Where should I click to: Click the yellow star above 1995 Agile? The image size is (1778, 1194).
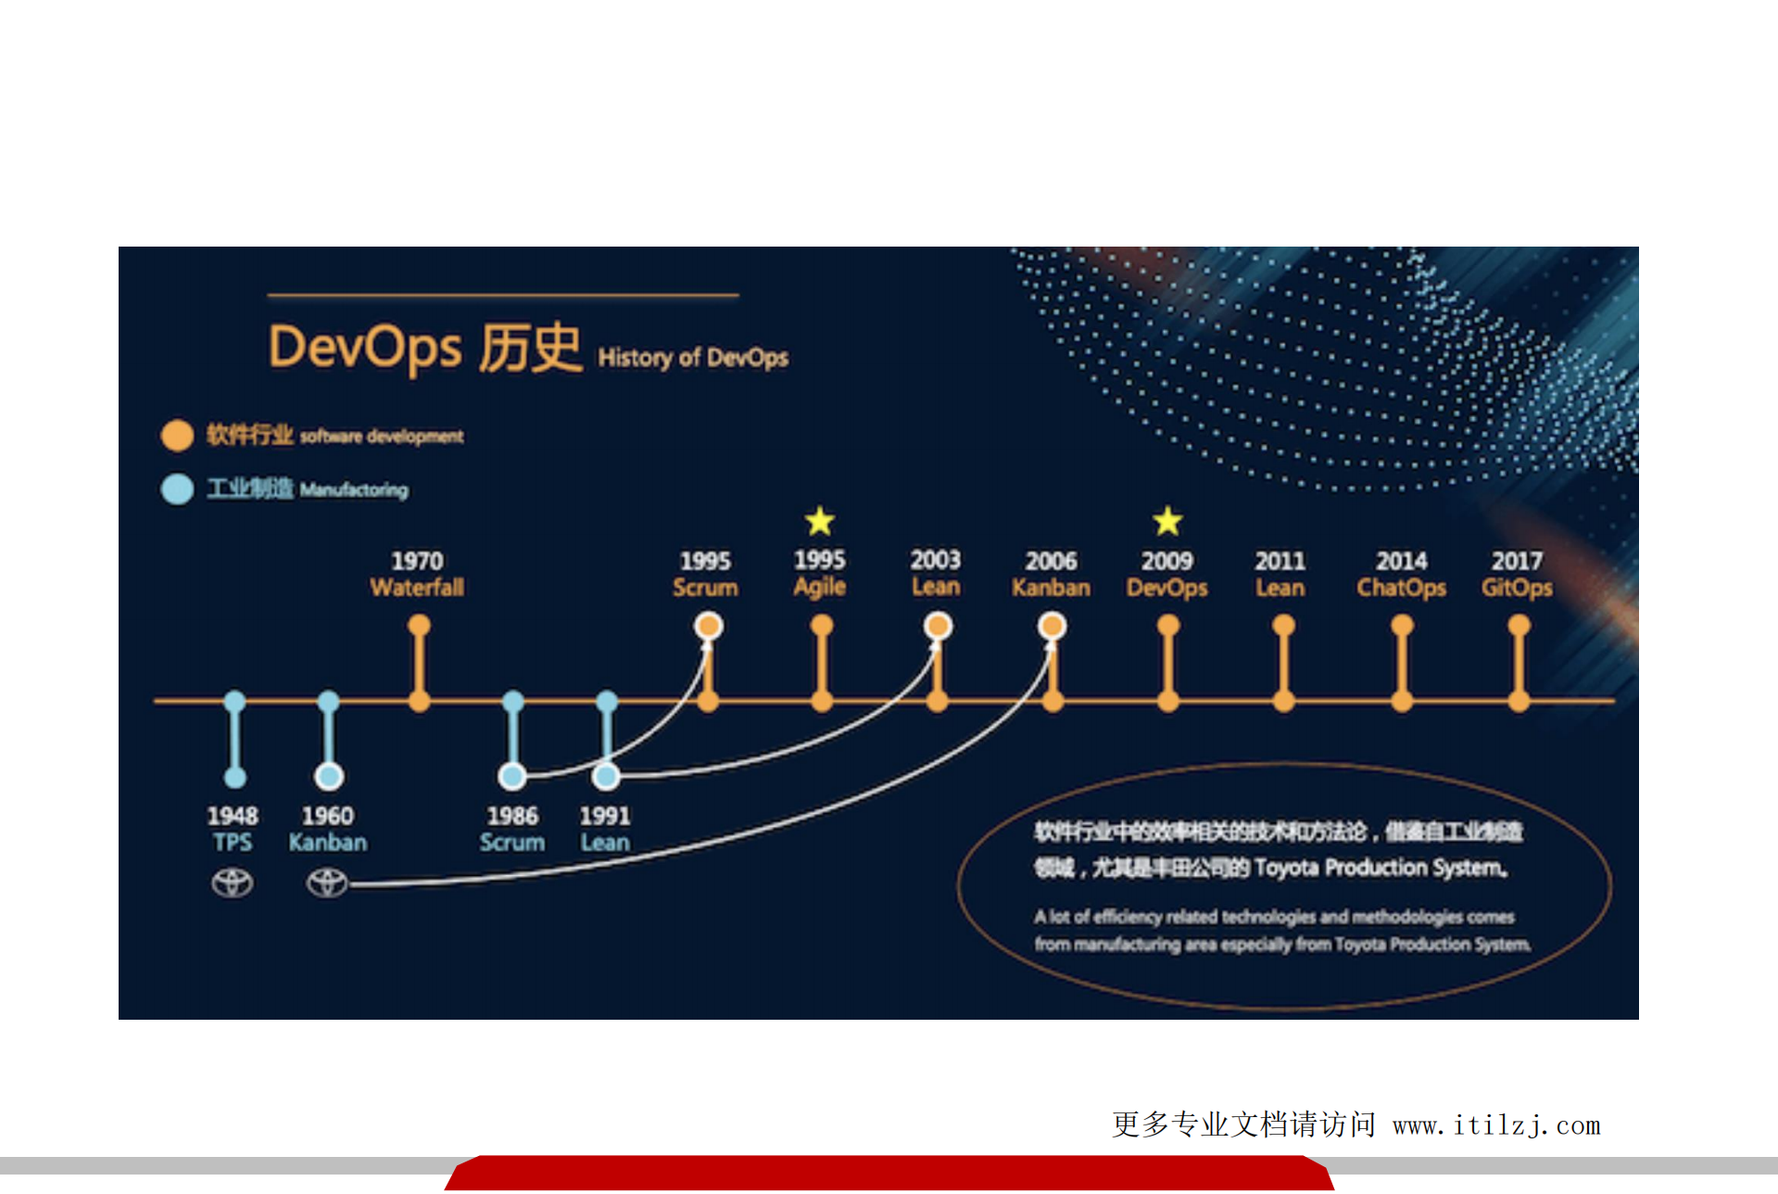coord(820,521)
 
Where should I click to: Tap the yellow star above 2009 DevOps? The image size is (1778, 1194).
coord(1167,521)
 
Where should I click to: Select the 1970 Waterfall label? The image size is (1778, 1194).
coord(417,575)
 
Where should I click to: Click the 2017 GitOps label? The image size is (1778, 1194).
coord(1517,575)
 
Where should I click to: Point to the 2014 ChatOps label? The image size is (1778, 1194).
coord(1401,575)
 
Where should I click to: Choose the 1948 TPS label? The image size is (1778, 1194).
coord(232,829)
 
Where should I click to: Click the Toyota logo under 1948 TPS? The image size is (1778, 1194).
coord(232,883)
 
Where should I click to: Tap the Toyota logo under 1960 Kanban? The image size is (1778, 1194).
coord(327,883)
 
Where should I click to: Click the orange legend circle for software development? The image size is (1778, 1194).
coord(177,435)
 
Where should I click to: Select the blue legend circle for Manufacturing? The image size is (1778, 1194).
coord(177,489)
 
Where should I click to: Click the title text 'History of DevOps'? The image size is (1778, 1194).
coord(693,358)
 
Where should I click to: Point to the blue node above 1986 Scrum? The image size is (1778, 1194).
coord(512,775)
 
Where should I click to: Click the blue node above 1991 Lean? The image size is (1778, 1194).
coord(606,775)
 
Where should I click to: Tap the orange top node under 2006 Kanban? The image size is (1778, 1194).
coord(1052,627)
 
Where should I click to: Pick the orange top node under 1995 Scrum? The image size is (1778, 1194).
coord(709,627)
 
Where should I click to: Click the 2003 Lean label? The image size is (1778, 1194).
coord(936,574)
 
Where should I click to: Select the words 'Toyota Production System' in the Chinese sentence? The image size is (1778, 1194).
coord(1380,868)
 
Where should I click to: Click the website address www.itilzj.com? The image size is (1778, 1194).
coord(1496,1125)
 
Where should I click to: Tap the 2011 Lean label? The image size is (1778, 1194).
coord(1280,575)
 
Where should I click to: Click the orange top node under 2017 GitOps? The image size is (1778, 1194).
coord(1519,627)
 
